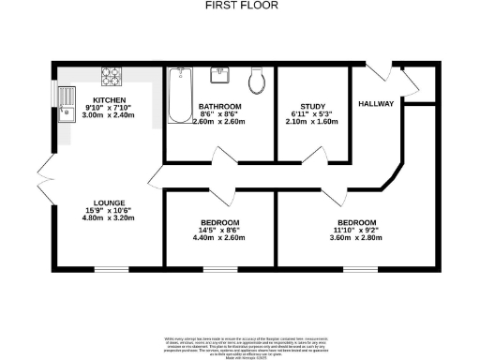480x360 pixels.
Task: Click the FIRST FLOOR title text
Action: pyautogui.click(x=239, y=5)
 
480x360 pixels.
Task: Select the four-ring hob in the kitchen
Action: pyautogui.click(x=112, y=77)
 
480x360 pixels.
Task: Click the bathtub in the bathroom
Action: pyautogui.click(x=179, y=97)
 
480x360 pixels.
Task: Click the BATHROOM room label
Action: pyautogui.click(x=219, y=107)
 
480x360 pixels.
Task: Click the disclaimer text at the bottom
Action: pyautogui.click(x=239, y=344)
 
